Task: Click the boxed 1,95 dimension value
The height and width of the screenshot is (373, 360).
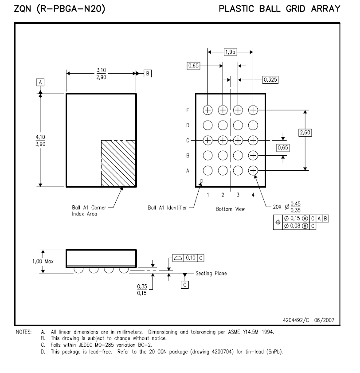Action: pos(230,52)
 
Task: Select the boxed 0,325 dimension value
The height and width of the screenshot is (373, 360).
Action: pos(270,80)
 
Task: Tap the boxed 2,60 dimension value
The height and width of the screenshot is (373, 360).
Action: pos(305,133)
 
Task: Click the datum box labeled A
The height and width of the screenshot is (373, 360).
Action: pos(40,82)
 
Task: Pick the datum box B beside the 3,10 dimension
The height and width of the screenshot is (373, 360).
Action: pos(148,74)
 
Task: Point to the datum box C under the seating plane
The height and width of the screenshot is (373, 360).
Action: pos(185,285)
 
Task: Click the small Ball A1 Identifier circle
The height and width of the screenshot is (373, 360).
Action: pos(201,181)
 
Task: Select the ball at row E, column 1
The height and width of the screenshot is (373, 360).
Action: pos(207,110)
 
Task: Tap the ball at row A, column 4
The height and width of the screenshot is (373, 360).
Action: pos(253,171)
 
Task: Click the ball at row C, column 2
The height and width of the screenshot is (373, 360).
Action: pos(223,140)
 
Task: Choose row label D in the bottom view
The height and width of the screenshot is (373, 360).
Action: pos(188,126)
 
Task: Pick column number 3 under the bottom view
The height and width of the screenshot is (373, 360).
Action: pos(238,195)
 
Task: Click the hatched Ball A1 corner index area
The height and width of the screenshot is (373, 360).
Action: pos(118,163)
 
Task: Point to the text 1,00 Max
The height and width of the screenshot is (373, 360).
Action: pos(43,261)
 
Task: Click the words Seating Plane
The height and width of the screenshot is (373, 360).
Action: pos(211,273)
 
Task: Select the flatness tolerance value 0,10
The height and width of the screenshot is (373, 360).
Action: pos(191,258)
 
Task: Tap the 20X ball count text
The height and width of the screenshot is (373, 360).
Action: pos(277,207)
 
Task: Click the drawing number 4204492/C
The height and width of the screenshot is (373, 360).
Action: pos(296,320)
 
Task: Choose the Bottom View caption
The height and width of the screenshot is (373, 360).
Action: pos(230,209)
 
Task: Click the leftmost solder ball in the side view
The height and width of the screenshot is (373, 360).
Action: pos(78,270)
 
